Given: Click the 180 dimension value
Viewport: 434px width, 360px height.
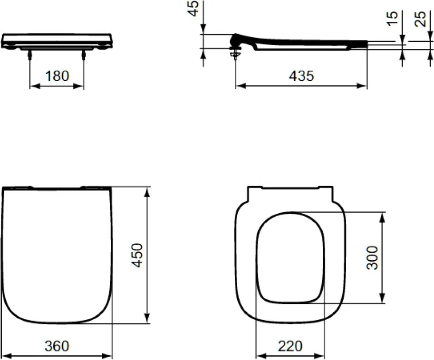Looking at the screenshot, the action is (x=57, y=76).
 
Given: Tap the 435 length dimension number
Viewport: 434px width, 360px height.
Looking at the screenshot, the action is (x=302, y=76).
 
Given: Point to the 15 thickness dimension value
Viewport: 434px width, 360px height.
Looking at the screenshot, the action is (x=392, y=19).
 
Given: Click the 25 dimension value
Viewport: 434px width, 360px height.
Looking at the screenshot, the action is (x=420, y=19).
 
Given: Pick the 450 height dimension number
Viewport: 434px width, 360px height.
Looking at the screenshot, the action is (x=137, y=255).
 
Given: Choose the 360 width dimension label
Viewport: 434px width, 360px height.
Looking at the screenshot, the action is (x=57, y=346).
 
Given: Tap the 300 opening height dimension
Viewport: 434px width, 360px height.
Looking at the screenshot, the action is (x=372, y=258).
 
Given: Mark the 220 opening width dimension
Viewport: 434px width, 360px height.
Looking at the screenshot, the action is (x=290, y=346).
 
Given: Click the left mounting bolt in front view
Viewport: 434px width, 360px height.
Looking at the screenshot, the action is (x=30, y=55).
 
